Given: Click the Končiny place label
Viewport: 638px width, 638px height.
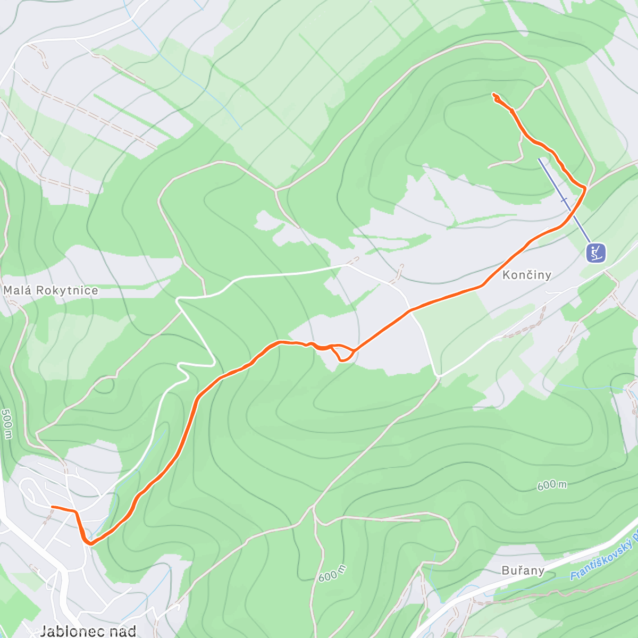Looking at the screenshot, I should tap(526, 275).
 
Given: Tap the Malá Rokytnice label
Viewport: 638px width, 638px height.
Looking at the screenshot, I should tap(51, 290).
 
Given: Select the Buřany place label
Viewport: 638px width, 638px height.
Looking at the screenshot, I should tap(523, 570).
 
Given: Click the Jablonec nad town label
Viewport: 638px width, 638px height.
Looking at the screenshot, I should tap(88, 631).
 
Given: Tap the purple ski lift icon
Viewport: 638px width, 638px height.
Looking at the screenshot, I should tap(596, 253).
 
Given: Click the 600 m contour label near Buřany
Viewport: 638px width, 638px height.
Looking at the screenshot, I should tap(332, 573).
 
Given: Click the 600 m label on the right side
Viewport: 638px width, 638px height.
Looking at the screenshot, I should tap(551, 485).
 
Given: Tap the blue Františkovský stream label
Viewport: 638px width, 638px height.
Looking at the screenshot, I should tap(603, 558).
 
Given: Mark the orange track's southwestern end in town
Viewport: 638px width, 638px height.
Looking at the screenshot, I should tap(52, 507).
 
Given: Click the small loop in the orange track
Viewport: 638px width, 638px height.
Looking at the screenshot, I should tap(343, 353).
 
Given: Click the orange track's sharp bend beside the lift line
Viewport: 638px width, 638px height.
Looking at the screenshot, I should tap(585, 188).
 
